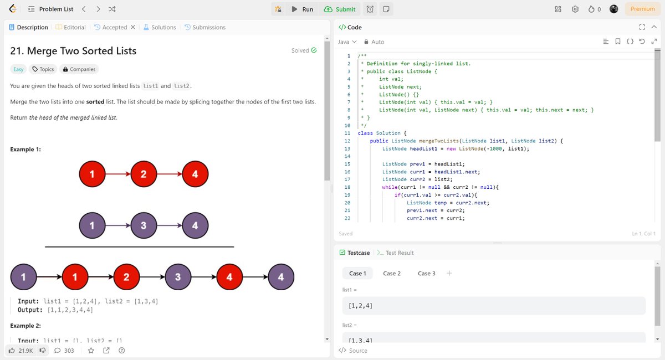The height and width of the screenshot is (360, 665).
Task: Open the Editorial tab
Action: coord(71,27)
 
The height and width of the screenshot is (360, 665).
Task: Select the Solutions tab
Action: coord(160,27)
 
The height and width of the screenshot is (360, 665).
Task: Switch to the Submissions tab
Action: coord(205,27)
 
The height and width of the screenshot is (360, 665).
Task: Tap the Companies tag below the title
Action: coord(79,69)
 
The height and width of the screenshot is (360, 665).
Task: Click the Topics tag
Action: coord(43,69)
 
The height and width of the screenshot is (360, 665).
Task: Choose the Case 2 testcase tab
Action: coord(392,273)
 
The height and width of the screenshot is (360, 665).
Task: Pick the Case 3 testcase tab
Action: coord(427,273)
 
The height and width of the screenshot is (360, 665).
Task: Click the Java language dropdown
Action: coord(347,42)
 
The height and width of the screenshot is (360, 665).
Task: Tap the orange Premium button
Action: coord(642,9)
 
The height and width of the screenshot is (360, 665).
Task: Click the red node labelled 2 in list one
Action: coord(144,174)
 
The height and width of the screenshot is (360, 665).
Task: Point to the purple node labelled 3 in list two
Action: coord(144,226)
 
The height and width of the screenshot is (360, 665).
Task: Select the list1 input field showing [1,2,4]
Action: coord(493,306)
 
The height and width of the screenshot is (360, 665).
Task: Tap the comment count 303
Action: coord(64,350)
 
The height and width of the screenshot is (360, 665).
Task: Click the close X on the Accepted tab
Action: coord(133,27)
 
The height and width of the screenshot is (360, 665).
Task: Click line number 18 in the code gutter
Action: coord(348,187)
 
